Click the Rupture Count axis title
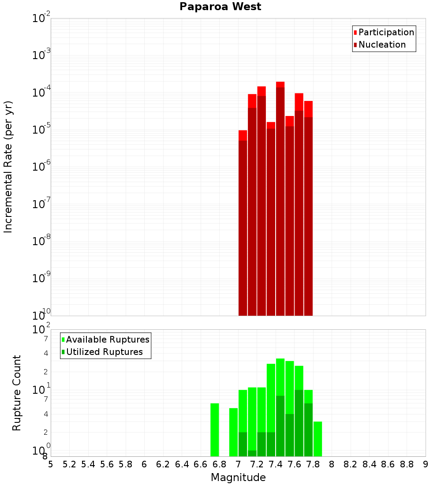pyautogui.click(x=17, y=392)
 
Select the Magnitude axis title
pyautogui.click(x=238, y=478)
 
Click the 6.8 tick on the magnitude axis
pyautogui.click(x=219, y=464)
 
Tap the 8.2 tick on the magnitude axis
pyautogui.click(x=351, y=464)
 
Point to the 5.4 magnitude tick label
pyautogui.click(x=88, y=464)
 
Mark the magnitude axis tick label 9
pyautogui.click(x=426, y=464)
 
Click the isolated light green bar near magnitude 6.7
pyautogui.click(x=215, y=430)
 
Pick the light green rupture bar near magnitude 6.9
pyautogui.click(x=233, y=432)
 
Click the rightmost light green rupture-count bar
pyautogui.click(x=318, y=439)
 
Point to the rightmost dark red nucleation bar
pyautogui.click(x=308, y=216)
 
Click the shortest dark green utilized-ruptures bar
pyautogui.click(x=252, y=453)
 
